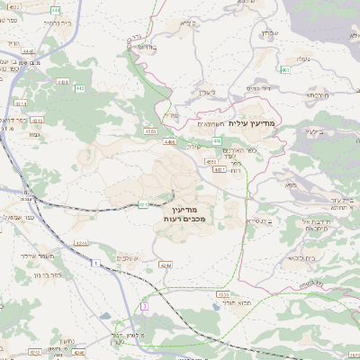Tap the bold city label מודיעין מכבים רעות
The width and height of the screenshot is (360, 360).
187,212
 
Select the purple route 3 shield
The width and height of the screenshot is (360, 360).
144,307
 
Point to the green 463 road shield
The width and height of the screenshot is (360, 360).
284,69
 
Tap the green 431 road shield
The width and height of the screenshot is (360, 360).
143,205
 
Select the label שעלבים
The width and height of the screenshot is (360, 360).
127,258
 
